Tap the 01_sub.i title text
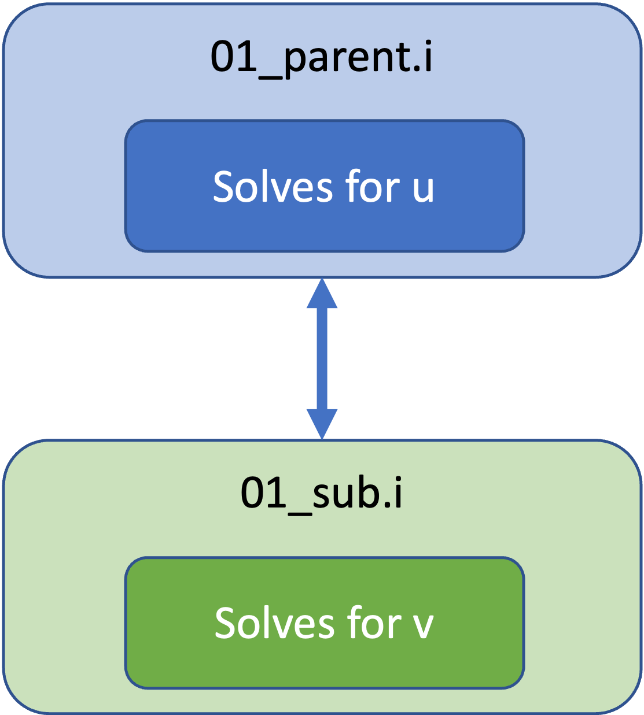[322, 494]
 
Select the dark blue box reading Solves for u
[325, 186]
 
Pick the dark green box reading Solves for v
[325, 623]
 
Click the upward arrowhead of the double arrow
[322, 294]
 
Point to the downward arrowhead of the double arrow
[322, 424]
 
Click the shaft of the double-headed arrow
[322, 359]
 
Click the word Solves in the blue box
[273, 186]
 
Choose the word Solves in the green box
[274, 623]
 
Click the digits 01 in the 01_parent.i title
[234, 56]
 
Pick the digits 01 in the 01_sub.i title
[264, 492]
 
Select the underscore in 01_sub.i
[300, 514]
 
